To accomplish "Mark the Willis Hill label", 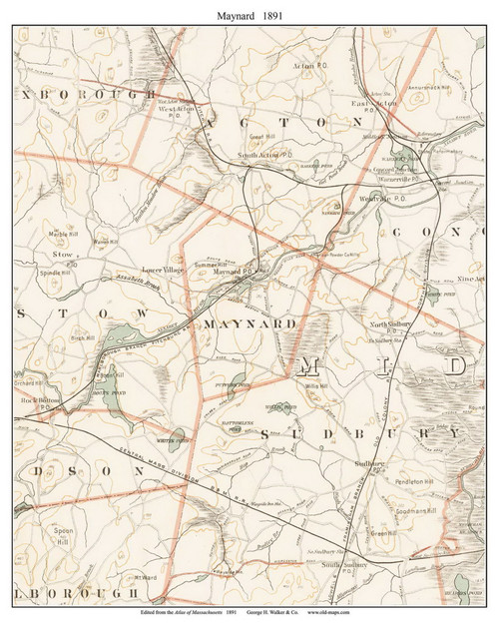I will click(316, 384).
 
